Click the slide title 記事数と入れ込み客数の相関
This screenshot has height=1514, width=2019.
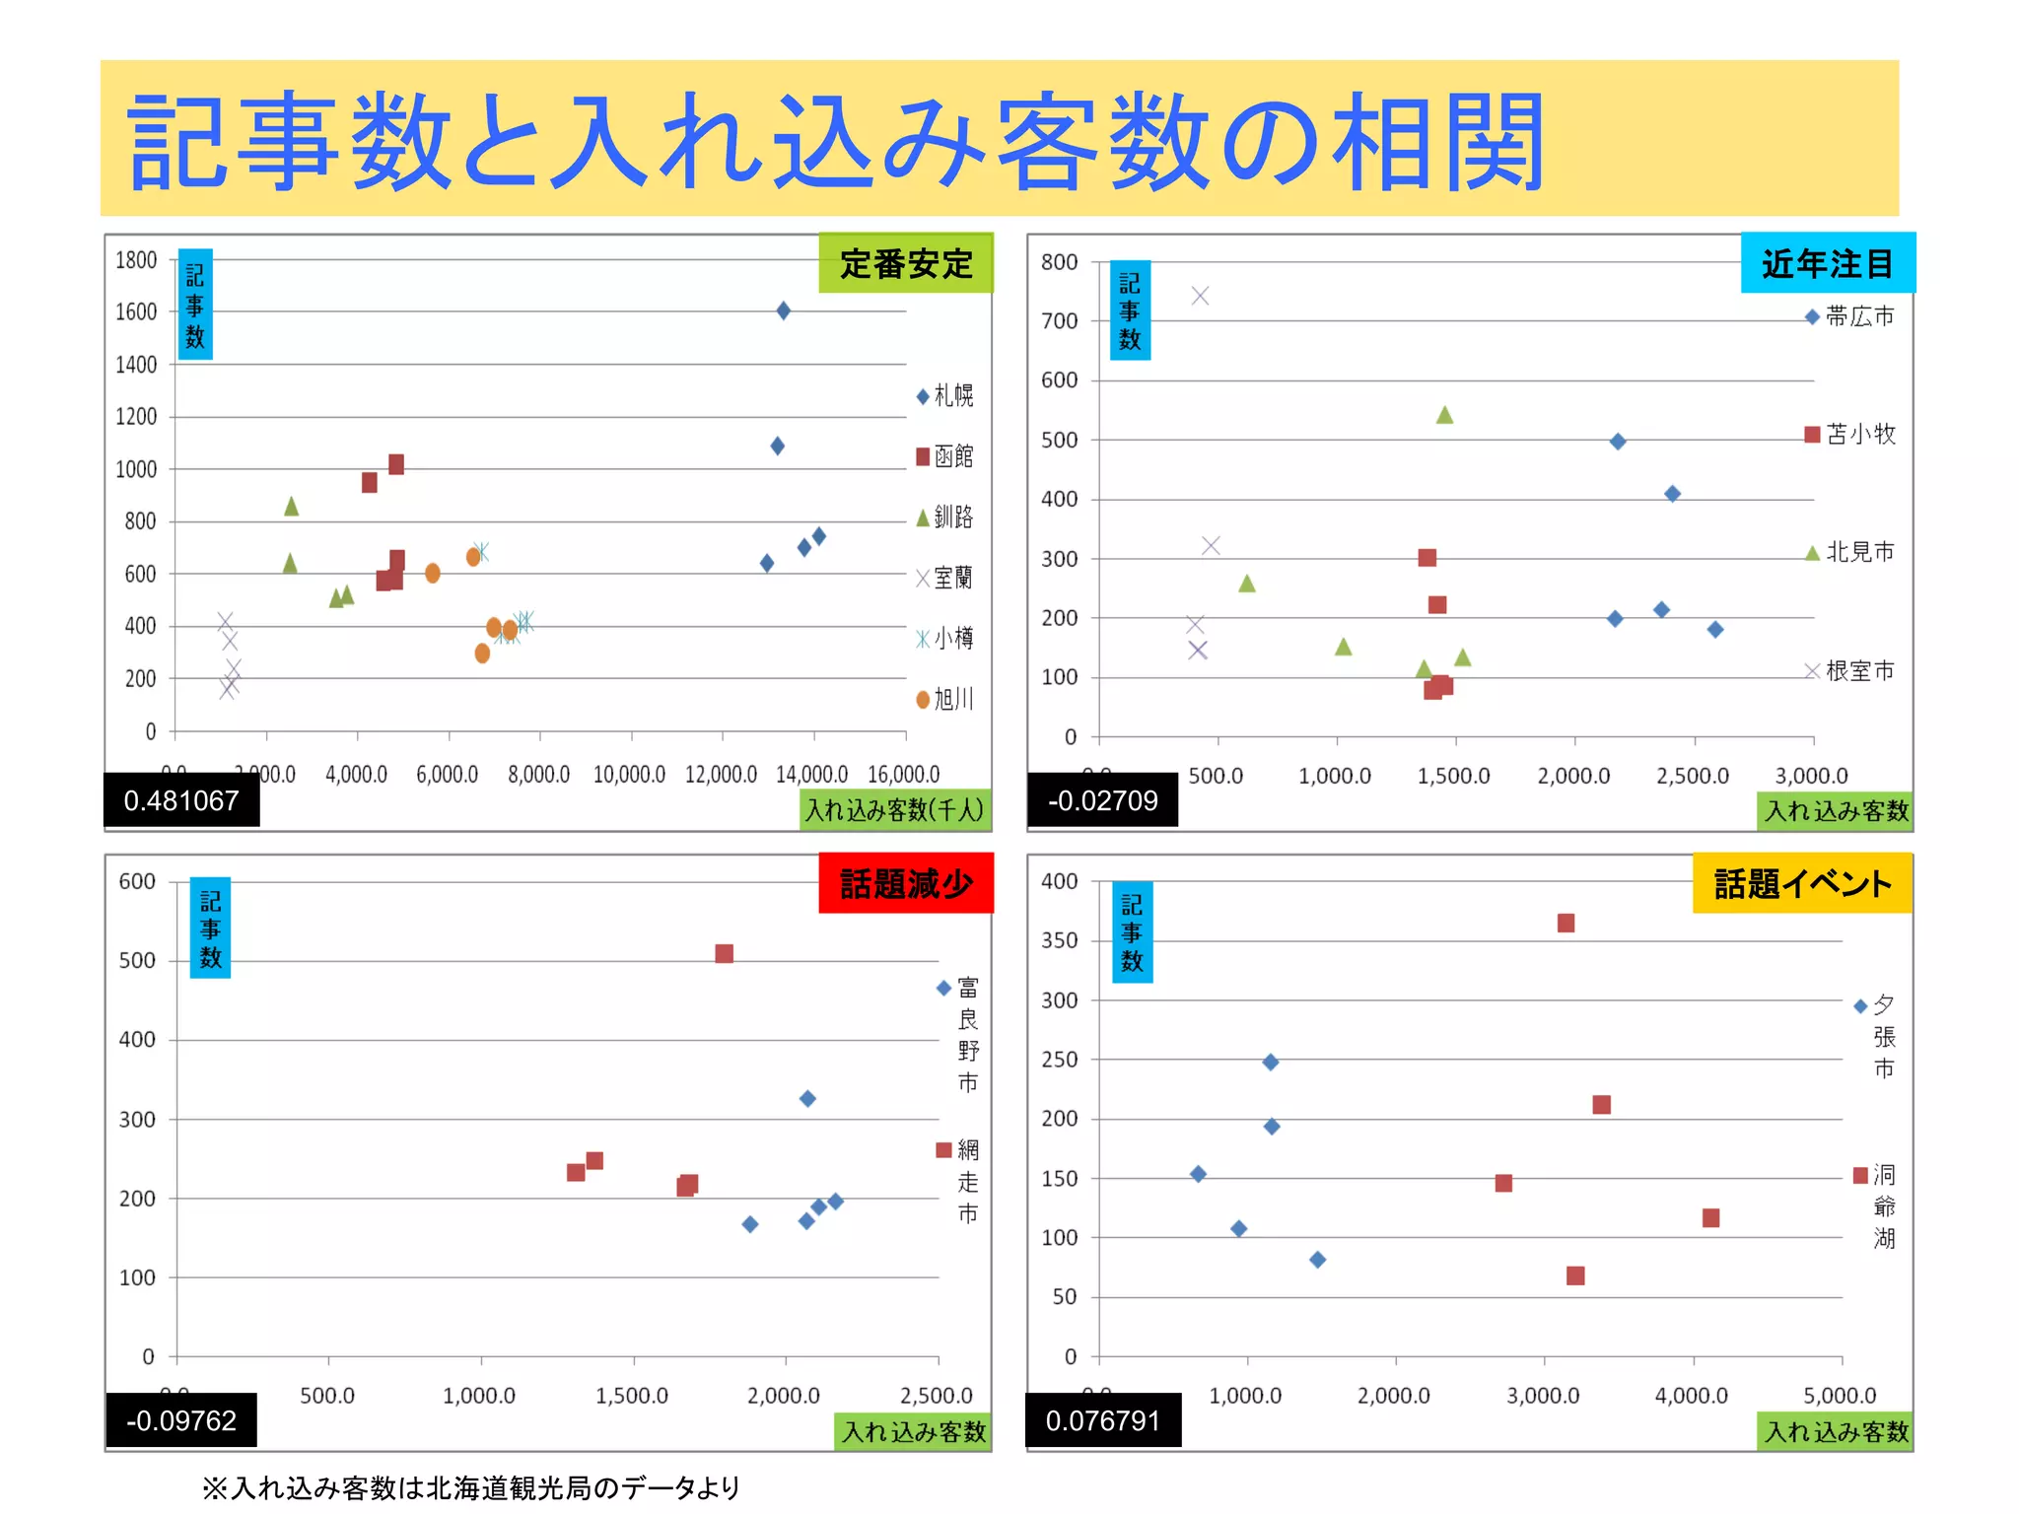tap(836, 142)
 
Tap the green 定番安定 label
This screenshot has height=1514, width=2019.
tap(905, 264)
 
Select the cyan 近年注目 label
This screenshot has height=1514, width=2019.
tap(1827, 264)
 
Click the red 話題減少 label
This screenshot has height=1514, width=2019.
tap(905, 884)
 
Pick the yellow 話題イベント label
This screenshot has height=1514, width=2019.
tap(1802, 884)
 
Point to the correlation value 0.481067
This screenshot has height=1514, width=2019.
tap(181, 800)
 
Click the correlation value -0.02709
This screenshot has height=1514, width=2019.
tap(1102, 800)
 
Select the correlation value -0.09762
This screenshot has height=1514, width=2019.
tap(181, 1420)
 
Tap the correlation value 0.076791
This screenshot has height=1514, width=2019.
tap(1102, 1420)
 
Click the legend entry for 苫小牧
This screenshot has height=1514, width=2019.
tap(1849, 435)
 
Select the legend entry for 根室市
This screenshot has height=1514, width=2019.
tap(1849, 671)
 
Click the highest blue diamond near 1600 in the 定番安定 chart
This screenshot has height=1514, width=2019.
tap(784, 311)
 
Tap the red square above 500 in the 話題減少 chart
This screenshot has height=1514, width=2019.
tap(725, 953)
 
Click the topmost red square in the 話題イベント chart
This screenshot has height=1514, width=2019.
tap(1566, 923)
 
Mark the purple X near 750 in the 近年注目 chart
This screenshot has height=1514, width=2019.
tap(1200, 296)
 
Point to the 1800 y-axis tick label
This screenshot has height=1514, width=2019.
tap(136, 260)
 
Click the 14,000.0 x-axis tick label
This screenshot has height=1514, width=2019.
tap(811, 775)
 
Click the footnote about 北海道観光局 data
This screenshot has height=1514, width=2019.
tap(471, 1487)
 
